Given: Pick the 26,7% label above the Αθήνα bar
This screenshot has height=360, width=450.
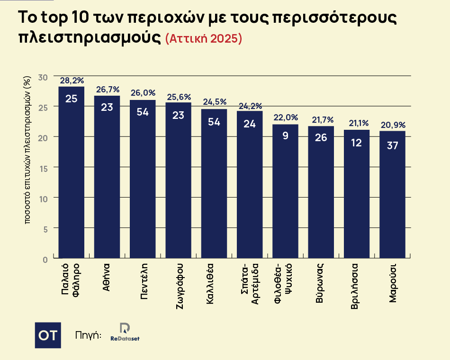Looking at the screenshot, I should point(108,90).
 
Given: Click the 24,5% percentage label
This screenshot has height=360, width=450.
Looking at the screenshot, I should point(215,102).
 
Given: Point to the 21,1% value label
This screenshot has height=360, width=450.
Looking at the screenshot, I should point(357,123).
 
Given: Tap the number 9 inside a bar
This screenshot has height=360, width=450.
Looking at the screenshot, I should point(285,135).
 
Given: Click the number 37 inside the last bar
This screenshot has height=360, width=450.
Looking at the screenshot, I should point(392,146).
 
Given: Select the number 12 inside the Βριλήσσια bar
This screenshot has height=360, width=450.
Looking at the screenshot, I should point(357,142).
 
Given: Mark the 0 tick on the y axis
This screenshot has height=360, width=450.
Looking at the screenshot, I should point(45,259).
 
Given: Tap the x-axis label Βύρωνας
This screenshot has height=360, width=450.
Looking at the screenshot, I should point(321,284).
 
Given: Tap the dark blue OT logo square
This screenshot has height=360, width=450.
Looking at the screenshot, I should point(48,335).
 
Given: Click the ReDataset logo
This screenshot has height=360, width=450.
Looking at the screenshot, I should point(125,333).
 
